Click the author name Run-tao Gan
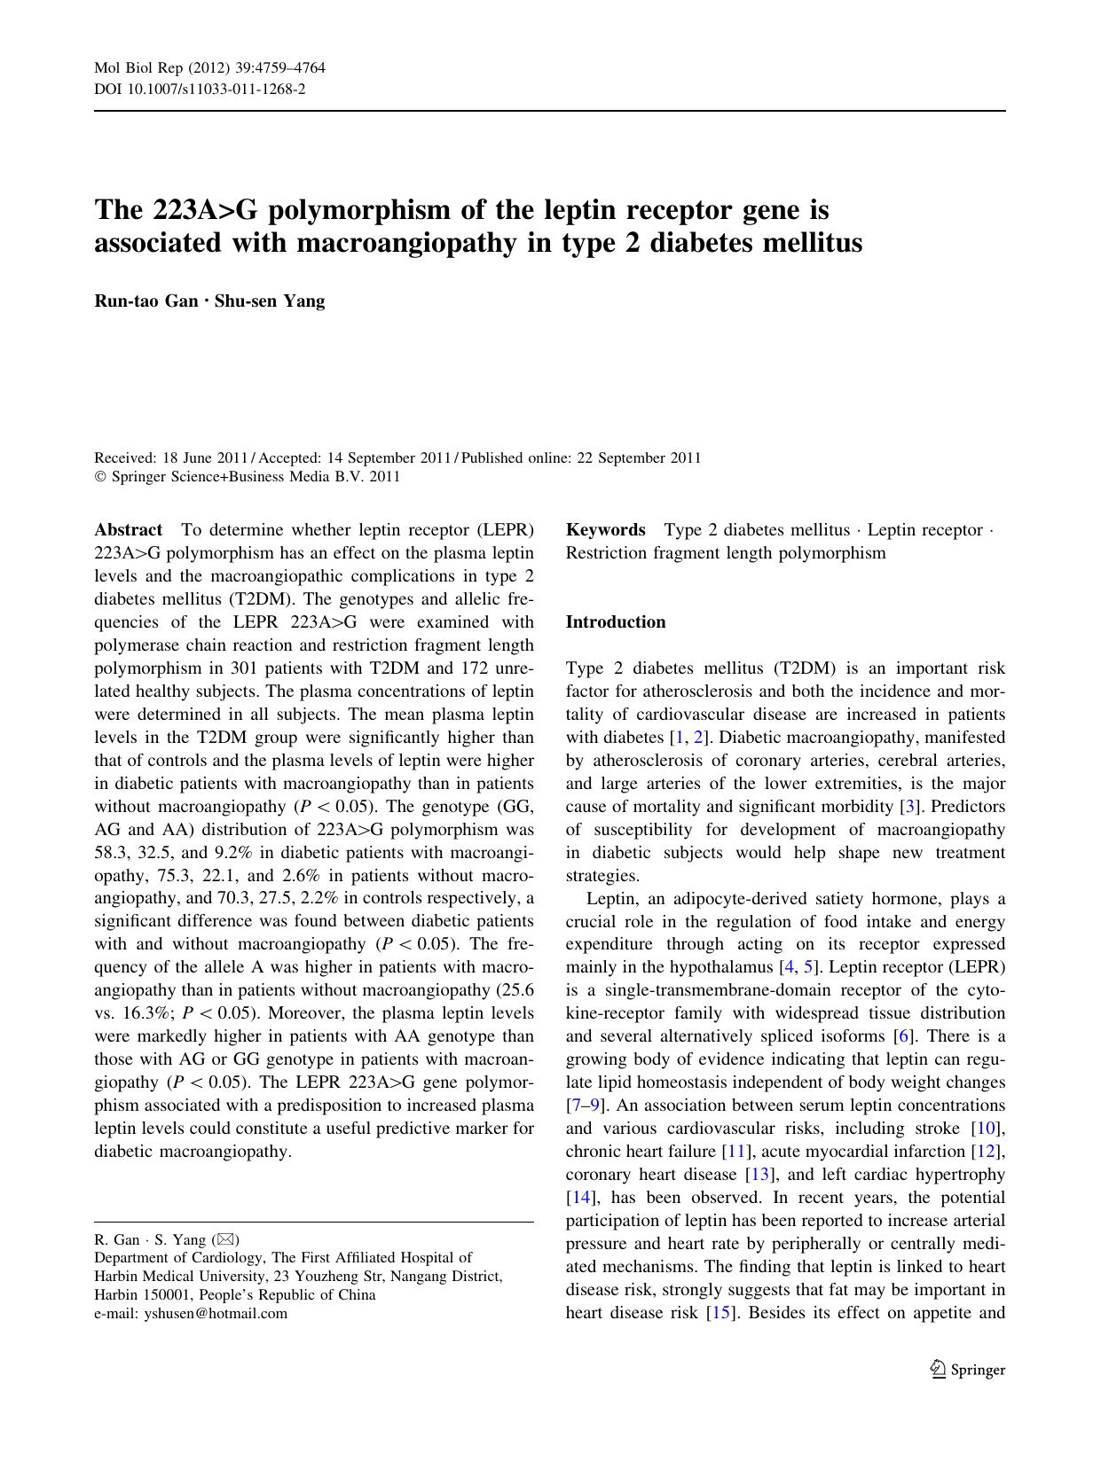(x=145, y=301)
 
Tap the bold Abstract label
(x=128, y=530)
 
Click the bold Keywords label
(x=605, y=530)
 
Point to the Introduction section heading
(x=615, y=622)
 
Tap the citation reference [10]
(x=987, y=1129)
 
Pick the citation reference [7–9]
(x=586, y=1106)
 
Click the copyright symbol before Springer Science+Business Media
(x=99, y=477)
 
